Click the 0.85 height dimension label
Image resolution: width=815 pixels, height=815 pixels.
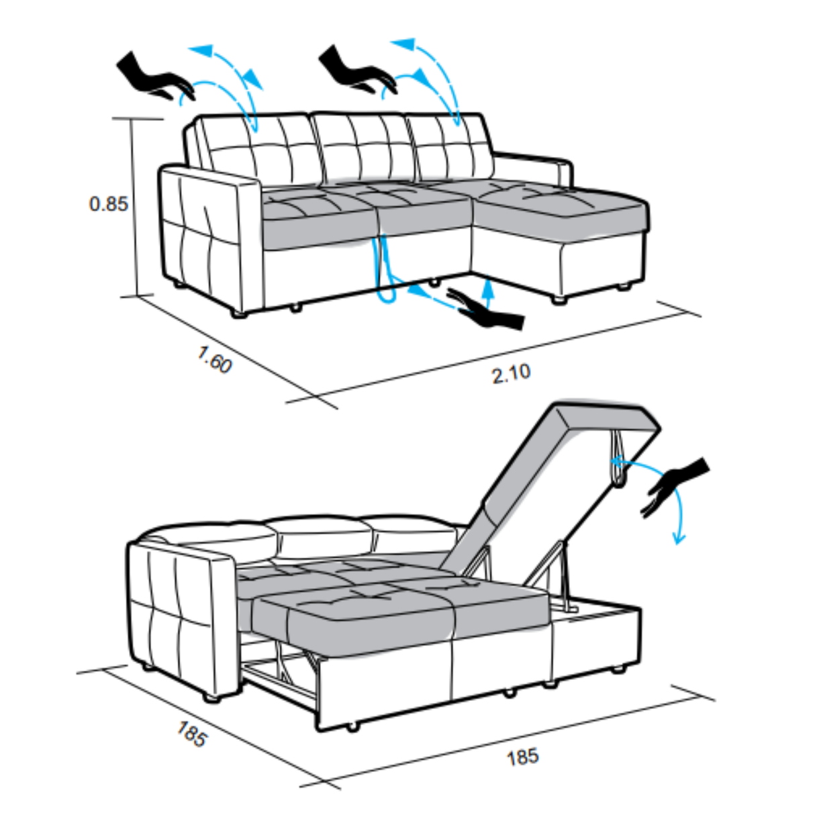tap(108, 204)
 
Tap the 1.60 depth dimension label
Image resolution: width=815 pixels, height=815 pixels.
tap(215, 359)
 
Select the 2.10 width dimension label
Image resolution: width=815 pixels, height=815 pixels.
tap(511, 373)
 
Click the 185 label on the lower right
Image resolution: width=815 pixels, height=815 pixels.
tap(523, 757)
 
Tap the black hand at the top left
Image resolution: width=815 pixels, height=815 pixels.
tap(155, 78)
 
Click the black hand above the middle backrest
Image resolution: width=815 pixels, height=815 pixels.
tap(357, 71)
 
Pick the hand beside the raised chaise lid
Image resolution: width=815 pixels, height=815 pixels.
tap(675, 486)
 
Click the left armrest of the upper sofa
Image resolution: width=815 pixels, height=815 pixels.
tap(210, 240)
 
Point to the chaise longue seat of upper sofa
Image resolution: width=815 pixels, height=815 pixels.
tap(563, 202)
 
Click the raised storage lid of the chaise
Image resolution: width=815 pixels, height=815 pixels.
tap(550, 486)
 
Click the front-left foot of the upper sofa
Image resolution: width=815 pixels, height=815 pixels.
tap(238, 314)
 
